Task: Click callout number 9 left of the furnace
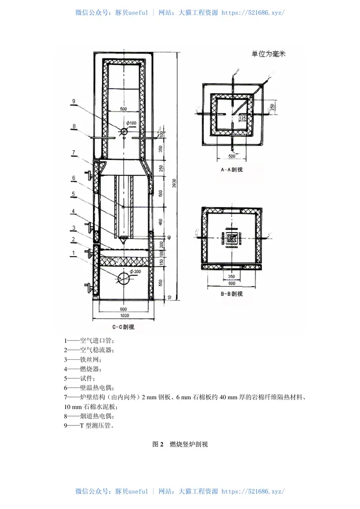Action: pos(73,101)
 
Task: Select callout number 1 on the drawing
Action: pos(72,253)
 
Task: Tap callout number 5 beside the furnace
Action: pos(72,194)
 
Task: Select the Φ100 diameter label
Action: pos(131,123)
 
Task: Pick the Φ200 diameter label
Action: pos(135,272)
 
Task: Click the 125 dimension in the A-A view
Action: pos(243,118)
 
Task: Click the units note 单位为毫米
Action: pos(269,54)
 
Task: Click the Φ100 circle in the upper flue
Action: pos(124,131)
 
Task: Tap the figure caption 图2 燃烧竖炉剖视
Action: pos(180,444)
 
